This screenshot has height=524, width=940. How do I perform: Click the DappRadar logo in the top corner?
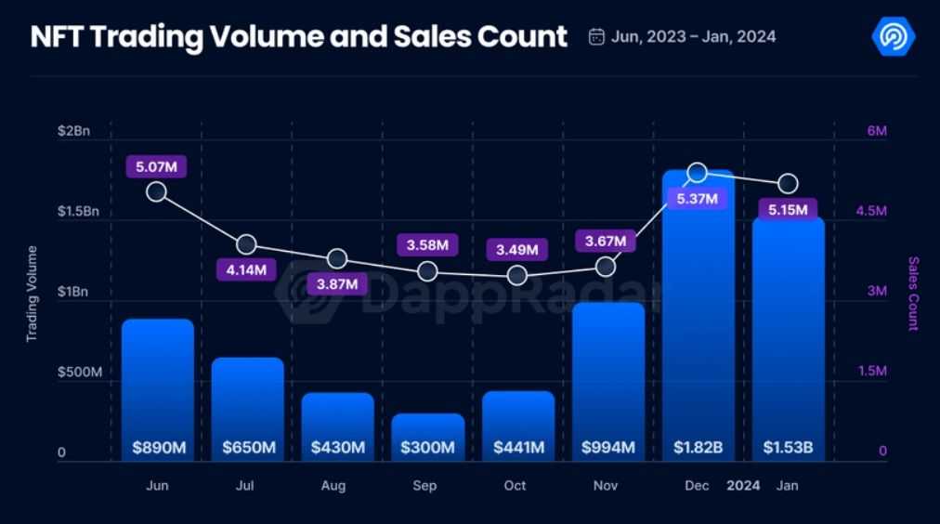pyautogui.click(x=894, y=36)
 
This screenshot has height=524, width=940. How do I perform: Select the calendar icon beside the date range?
pyautogui.click(x=597, y=37)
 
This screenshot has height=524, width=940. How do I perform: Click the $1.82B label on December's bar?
pyautogui.click(x=698, y=448)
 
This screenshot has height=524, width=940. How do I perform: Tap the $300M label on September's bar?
pyautogui.click(x=427, y=448)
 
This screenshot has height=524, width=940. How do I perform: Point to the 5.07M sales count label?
pyautogui.click(x=157, y=167)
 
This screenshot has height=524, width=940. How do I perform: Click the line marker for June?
pyautogui.click(x=157, y=192)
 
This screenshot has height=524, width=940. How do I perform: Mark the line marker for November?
pyautogui.click(x=606, y=267)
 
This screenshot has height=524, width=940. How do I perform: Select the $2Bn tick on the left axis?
pyautogui.click(x=73, y=131)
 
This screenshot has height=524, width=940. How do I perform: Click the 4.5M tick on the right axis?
pyautogui.click(x=871, y=211)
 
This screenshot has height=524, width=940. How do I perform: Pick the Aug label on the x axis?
pyautogui.click(x=333, y=486)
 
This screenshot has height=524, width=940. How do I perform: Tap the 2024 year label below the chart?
pyautogui.click(x=743, y=486)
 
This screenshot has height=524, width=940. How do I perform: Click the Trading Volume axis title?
pyautogui.click(x=32, y=294)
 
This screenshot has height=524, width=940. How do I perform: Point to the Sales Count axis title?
pyautogui.click(x=913, y=294)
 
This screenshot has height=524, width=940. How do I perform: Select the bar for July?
pyautogui.click(x=247, y=409)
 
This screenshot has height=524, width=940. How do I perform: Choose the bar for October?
pyautogui.click(x=517, y=426)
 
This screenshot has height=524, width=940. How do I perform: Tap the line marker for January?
pyautogui.click(x=788, y=183)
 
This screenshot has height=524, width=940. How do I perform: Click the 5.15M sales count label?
pyautogui.click(x=788, y=209)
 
